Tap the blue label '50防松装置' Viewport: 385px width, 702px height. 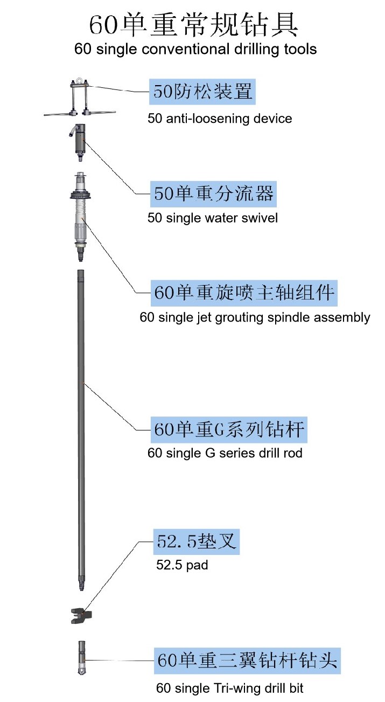click(x=203, y=92)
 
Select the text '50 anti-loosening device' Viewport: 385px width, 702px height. click(x=220, y=118)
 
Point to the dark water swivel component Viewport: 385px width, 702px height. click(x=80, y=138)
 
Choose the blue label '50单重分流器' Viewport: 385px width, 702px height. click(x=214, y=193)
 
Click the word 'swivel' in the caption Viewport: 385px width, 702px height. click(x=262, y=218)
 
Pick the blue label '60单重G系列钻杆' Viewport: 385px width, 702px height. click(x=230, y=429)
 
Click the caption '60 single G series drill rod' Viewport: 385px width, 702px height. click(x=225, y=453)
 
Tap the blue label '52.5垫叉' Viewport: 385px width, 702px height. click(x=197, y=542)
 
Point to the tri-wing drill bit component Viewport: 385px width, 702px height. click(x=81, y=658)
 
